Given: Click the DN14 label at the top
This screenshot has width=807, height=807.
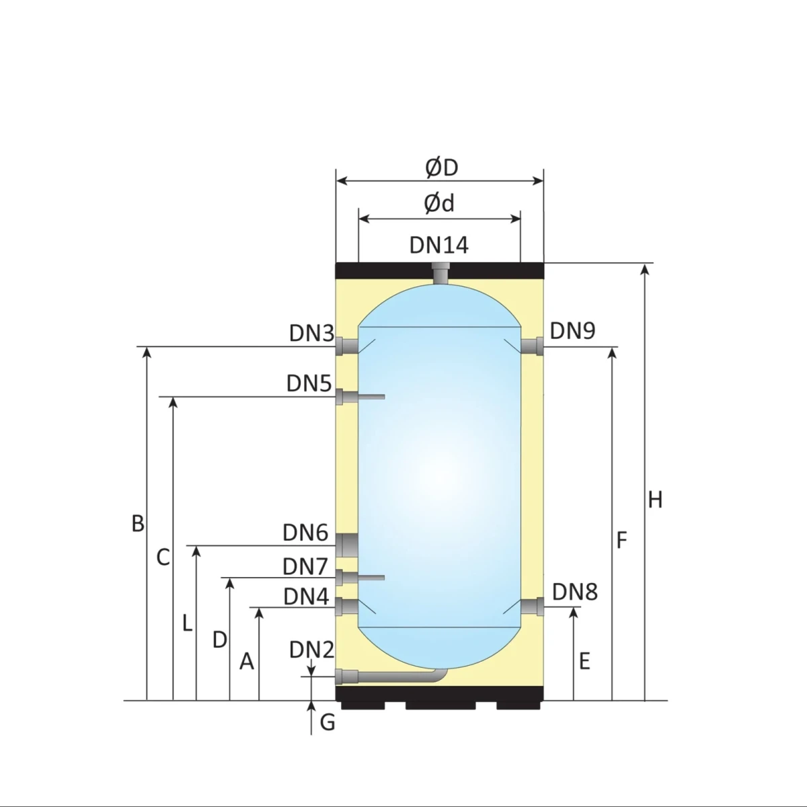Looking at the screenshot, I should [438, 245].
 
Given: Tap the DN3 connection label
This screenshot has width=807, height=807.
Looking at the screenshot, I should [311, 334].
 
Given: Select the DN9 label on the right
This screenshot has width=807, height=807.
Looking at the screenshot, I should [572, 331].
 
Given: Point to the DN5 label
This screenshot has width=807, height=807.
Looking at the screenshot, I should [309, 383].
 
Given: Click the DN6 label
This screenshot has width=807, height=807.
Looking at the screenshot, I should [305, 533].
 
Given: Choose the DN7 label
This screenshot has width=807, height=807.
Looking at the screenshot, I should [305, 567].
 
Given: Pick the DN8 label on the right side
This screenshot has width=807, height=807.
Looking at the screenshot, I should [574, 592].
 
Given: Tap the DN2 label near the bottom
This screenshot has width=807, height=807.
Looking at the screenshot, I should [311, 650].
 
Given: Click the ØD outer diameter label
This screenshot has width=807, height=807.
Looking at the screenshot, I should [441, 168].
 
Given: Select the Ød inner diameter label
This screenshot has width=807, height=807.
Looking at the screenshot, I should [439, 203].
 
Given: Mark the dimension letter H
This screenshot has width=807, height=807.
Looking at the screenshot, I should [655, 500].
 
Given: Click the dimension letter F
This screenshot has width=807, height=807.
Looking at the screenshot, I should [621, 539].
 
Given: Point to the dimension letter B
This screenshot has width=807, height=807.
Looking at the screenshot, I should [138, 523].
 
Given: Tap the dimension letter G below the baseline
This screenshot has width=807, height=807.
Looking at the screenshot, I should [328, 722].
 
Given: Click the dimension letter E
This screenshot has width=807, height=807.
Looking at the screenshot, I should [584, 661].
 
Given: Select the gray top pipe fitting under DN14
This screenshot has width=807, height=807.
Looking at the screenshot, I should [441, 273].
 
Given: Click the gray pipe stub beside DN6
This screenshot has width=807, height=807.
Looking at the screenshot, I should [347, 545].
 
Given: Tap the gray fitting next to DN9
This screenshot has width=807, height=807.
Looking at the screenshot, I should [533, 346].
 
